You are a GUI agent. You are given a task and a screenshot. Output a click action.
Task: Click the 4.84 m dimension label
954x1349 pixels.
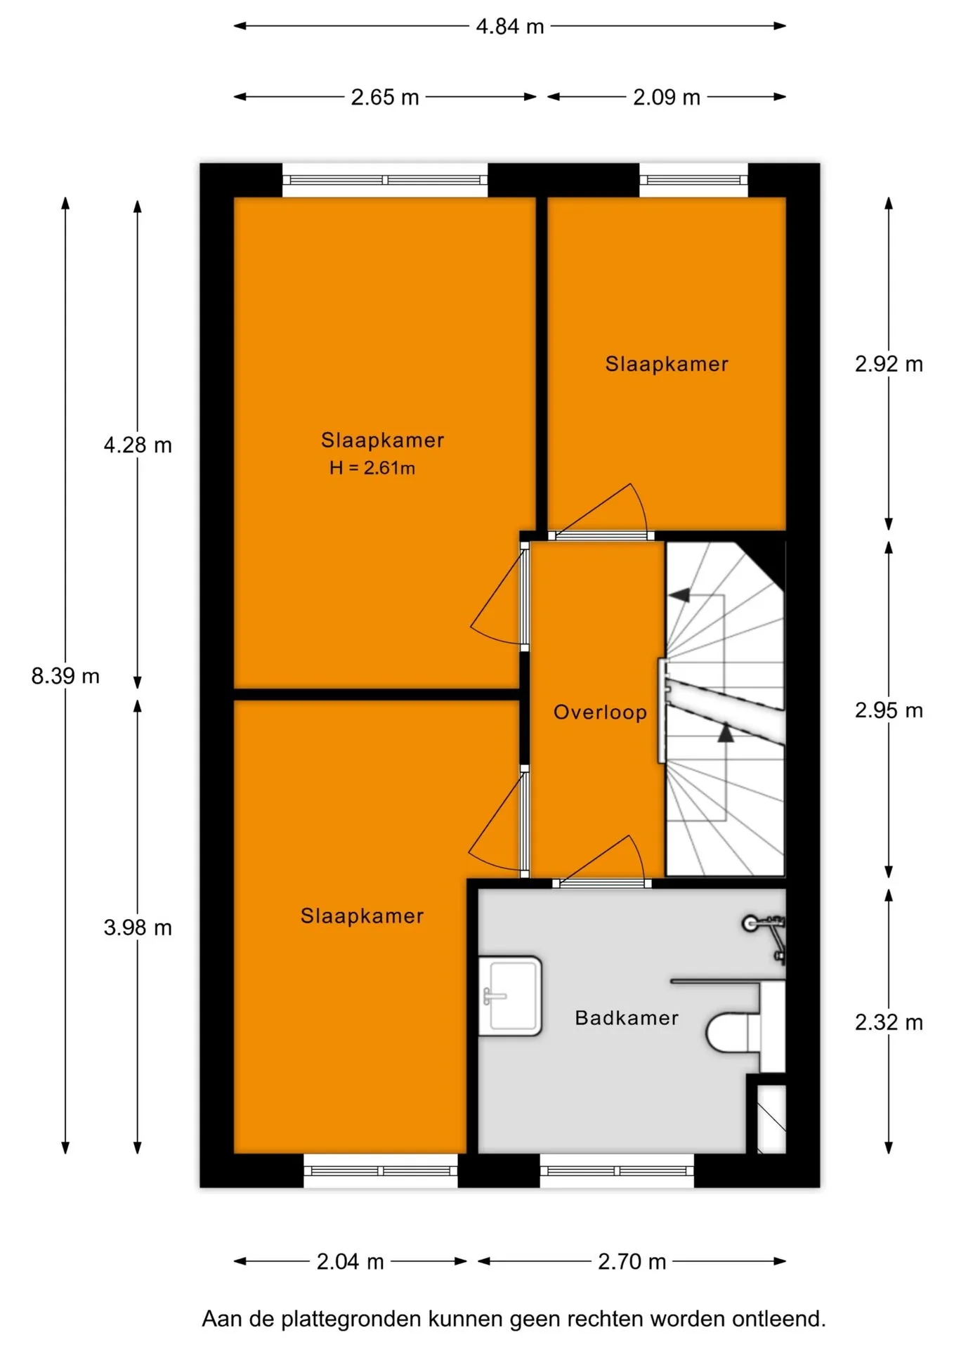click(x=510, y=27)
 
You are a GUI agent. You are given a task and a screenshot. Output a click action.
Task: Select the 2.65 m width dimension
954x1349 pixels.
click(x=385, y=97)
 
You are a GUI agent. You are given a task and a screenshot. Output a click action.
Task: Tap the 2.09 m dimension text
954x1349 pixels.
click(x=667, y=97)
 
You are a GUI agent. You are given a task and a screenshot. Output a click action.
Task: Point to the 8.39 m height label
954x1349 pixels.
click(x=65, y=676)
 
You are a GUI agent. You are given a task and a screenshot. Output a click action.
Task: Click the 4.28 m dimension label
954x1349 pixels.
click(x=138, y=445)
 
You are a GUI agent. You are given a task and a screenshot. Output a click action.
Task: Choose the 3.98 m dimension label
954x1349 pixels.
click(x=138, y=927)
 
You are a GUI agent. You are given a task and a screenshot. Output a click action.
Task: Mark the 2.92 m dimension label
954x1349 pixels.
click(x=889, y=364)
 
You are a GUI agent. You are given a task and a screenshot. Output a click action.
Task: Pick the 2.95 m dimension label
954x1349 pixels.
click(x=889, y=710)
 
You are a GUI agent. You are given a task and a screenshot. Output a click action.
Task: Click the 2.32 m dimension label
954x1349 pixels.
click(x=889, y=1022)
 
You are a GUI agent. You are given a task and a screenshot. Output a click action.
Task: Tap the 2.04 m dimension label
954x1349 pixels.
click(x=350, y=1262)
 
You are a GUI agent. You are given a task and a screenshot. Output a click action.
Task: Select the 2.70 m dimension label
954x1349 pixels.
click(x=632, y=1262)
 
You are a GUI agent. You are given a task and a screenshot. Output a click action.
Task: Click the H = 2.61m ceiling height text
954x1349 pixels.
click(x=372, y=468)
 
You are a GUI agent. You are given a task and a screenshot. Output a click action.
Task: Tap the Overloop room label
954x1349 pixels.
click(x=600, y=712)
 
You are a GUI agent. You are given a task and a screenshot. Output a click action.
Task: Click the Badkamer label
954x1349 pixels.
click(x=627, y=1018)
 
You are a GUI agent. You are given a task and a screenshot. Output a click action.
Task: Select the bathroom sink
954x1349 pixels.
click(x=510, y=996)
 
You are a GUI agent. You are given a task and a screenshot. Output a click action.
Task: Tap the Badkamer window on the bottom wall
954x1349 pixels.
click(x=617, y=1171)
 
